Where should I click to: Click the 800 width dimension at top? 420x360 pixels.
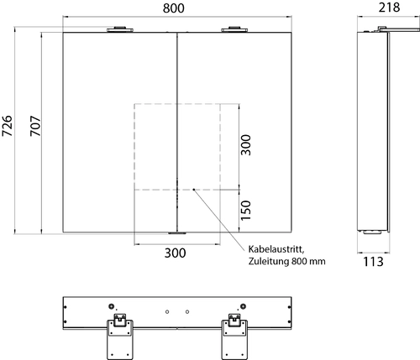click(x=174, y=8)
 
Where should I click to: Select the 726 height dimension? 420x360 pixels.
click(x=8, y=126)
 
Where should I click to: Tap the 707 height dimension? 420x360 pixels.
click(x=35, y=126)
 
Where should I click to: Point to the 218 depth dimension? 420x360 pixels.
click(x=389, y=8)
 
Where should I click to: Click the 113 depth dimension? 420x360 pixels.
click(x=373, y=262)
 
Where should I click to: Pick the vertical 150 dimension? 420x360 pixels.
click(x=246, y=211)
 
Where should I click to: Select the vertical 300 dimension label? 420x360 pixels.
click(x=246, y=145)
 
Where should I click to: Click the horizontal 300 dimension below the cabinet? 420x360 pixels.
click(x=175, y=253)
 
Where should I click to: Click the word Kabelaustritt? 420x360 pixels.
click(x=276, y=249)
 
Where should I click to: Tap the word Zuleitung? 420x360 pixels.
click(x=269, y=262)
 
